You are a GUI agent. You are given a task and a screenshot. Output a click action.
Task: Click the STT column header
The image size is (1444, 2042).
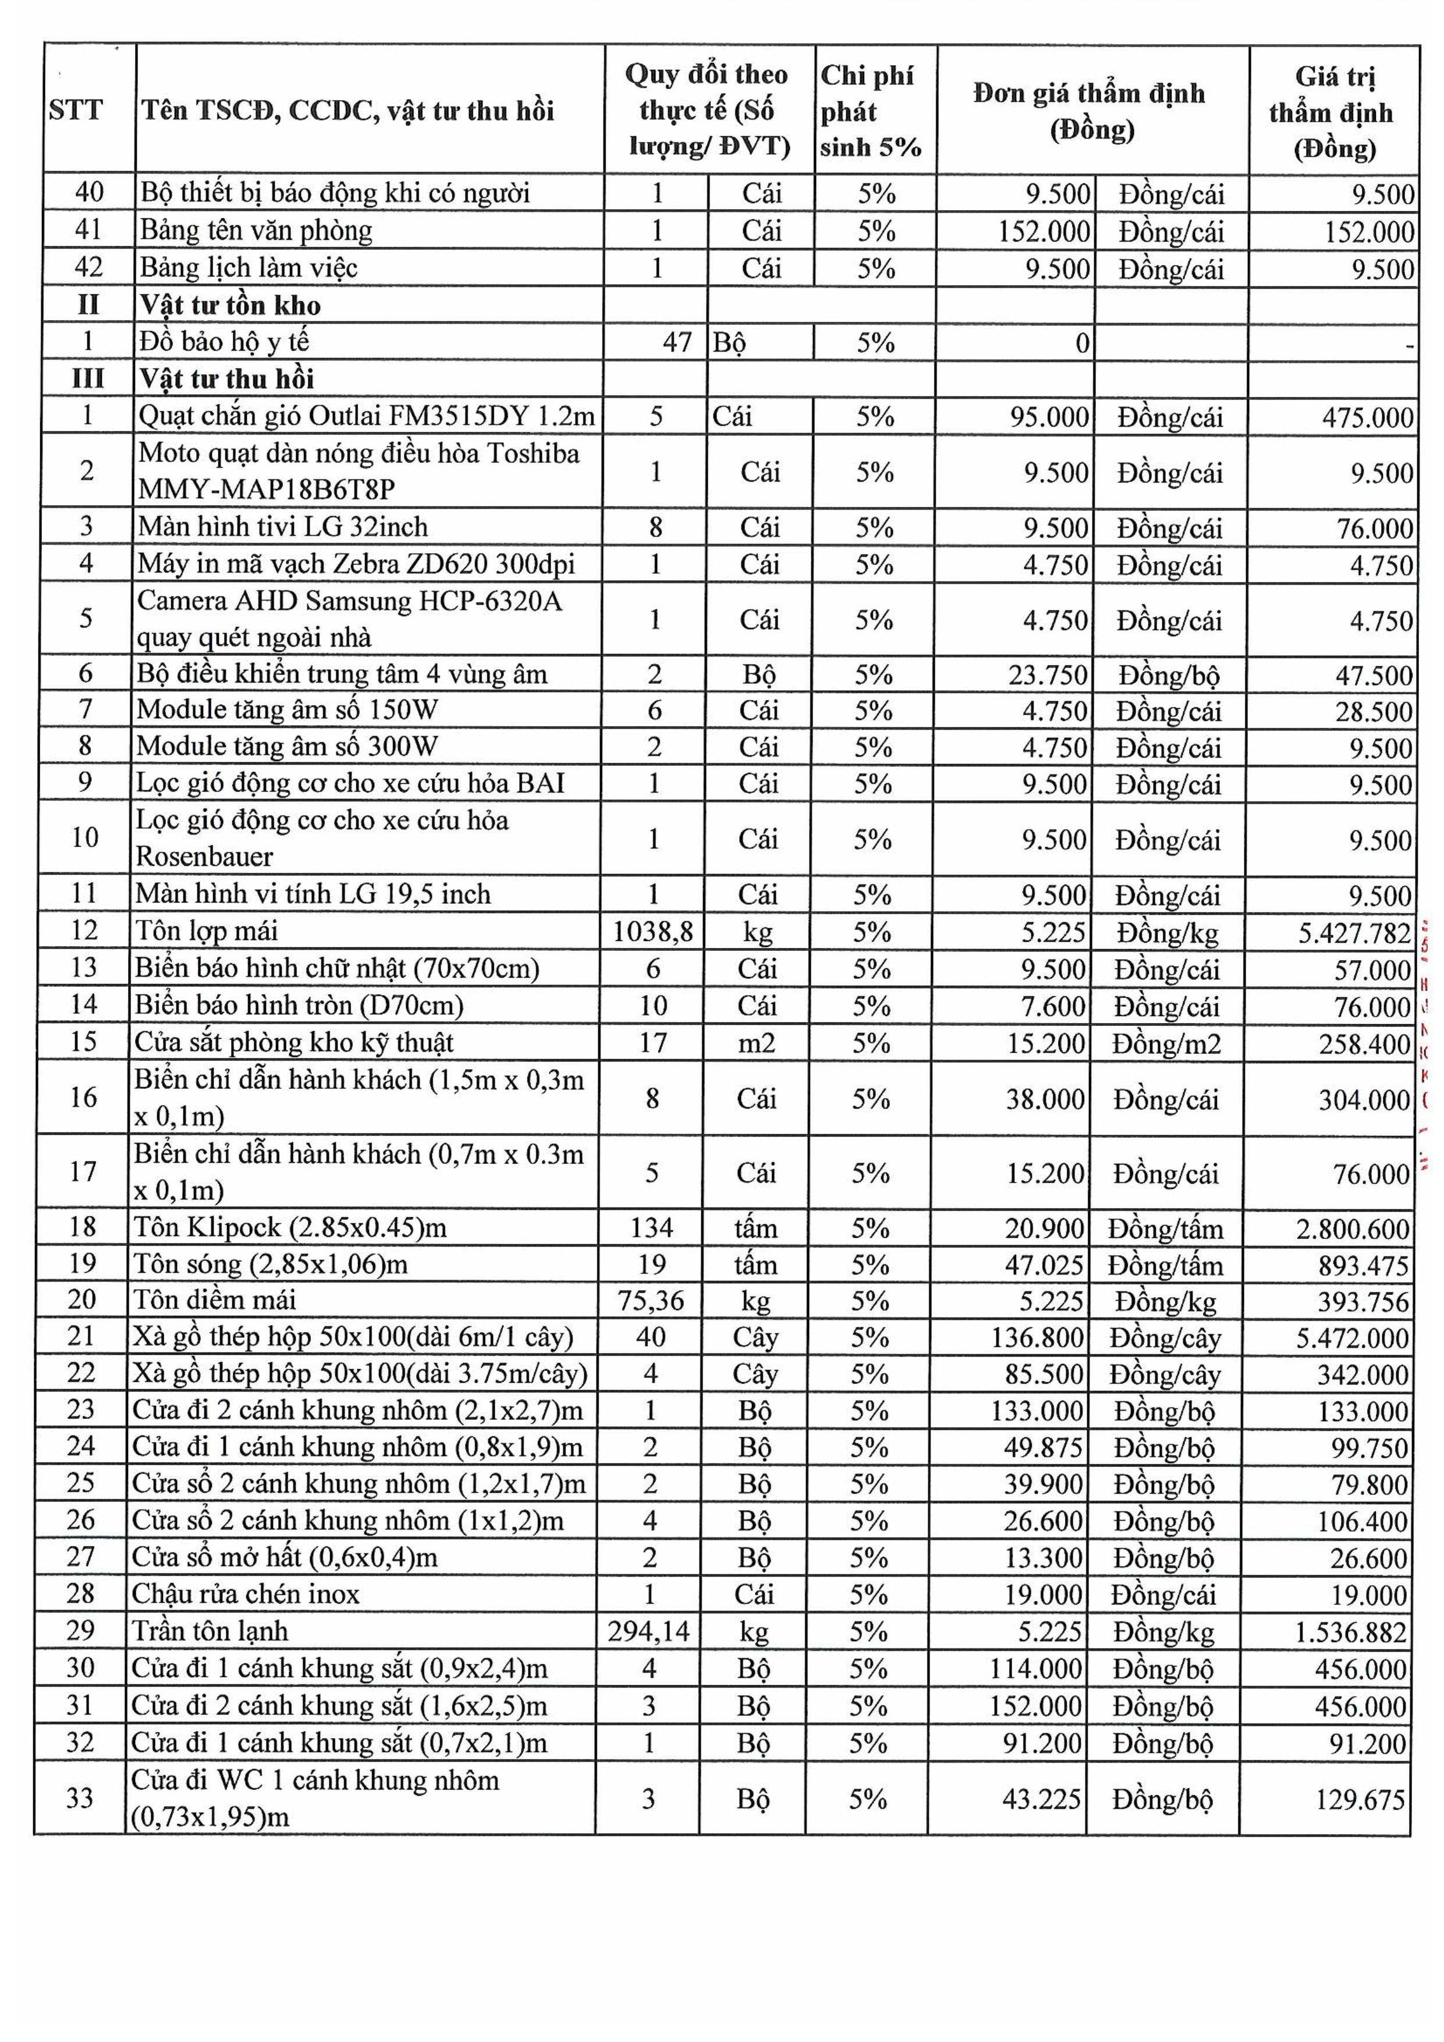[76, 111]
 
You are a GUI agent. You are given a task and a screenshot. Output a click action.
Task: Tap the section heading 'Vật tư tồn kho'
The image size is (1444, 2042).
[229, 305]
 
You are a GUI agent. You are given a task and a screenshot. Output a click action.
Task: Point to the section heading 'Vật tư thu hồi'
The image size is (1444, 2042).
[226, 379]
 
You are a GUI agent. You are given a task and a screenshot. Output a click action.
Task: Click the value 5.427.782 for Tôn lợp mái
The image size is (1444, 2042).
[1354, 933]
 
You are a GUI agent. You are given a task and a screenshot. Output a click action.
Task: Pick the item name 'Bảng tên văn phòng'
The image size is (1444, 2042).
[256, 230]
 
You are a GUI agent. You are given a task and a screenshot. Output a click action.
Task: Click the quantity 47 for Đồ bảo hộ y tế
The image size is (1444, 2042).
[677, 342]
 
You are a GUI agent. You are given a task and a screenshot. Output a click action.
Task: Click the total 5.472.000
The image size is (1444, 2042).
[1353, 1338]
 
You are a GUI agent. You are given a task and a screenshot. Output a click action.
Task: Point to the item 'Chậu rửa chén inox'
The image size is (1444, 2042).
[246, 1594]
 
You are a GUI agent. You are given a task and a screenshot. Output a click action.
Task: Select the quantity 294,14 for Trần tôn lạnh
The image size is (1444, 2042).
[648, 1631]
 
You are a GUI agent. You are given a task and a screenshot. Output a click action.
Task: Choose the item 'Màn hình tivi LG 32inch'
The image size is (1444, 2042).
[283, 527]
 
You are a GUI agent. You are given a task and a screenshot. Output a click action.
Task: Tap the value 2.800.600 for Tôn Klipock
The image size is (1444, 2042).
[1353, 1229]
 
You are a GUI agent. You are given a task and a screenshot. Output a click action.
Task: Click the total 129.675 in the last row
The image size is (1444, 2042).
[1360, 1799]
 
